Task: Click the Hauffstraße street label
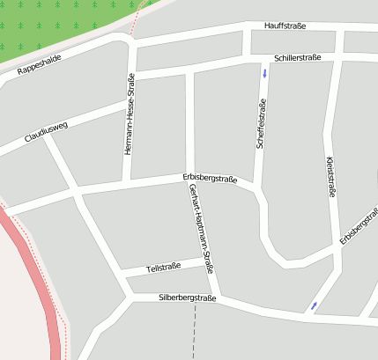(x=285, y=26)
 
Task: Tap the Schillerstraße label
(x=297, y=57)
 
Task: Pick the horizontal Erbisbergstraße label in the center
(x=210, y=179)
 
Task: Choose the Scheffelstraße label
(x=261, y=124)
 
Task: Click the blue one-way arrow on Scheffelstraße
(x=264, y=71)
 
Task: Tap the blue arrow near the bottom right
(x=314, y=306)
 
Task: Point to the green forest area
(x=53, y=26)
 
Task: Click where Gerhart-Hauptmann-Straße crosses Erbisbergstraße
(x=191, y=180)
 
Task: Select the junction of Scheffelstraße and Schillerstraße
(x=263, y=58)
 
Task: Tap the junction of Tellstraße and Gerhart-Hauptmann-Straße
(x=209, y=261)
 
